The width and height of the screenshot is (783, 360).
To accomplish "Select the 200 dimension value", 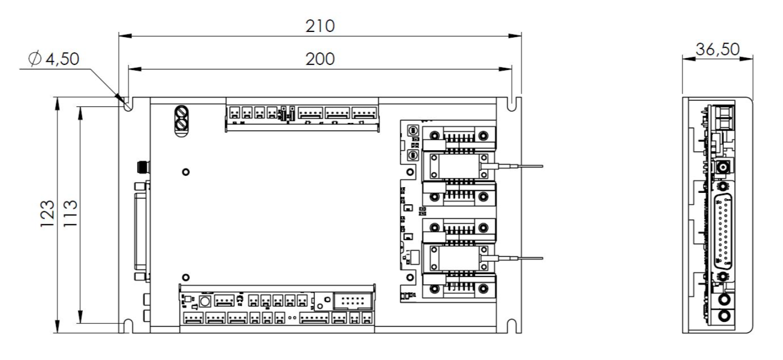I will point(320,59).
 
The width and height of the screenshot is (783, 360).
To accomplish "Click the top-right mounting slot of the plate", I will point(512,104).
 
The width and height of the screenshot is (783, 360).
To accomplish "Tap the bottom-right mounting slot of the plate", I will point(512,325).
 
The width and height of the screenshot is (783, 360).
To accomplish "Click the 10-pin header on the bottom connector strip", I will point(351,301).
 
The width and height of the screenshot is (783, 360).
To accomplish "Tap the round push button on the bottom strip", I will point(205,302).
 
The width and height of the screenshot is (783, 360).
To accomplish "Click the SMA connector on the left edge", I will point(140,167).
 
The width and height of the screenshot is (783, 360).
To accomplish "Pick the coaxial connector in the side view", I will point(724,168).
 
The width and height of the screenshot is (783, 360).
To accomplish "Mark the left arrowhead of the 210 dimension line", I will point(122,36).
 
